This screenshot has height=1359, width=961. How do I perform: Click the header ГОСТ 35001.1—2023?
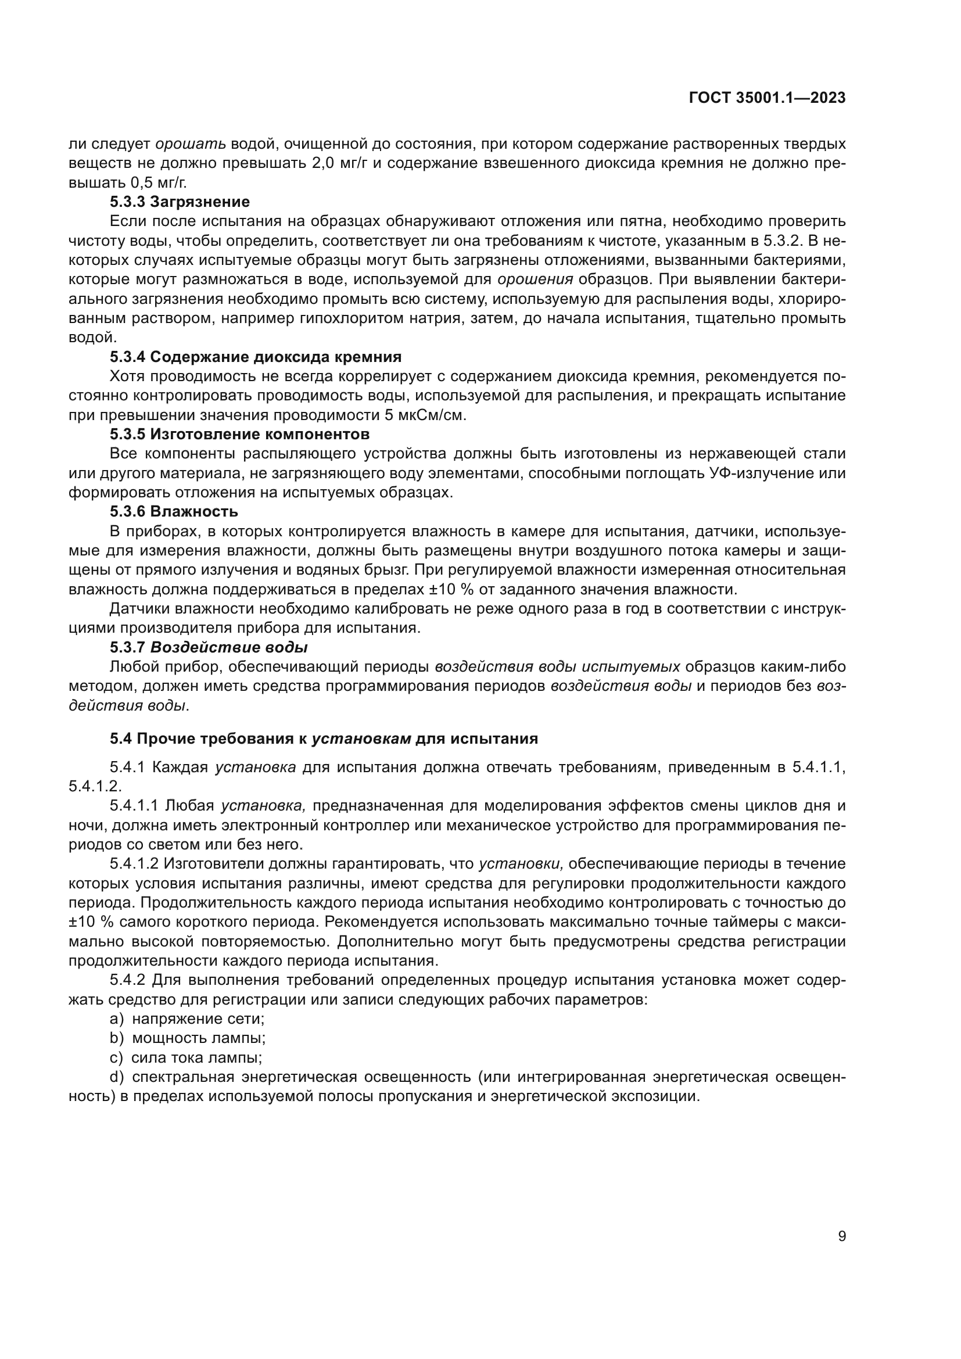point(767,98)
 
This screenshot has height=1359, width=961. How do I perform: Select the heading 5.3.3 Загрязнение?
point(180,202)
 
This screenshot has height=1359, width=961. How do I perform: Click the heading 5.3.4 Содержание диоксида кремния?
point(255,357)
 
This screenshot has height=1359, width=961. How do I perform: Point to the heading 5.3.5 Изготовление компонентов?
point(239,435)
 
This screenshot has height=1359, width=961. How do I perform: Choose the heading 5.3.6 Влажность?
point(173,511)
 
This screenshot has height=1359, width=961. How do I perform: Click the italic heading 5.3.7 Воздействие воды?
point(209,647)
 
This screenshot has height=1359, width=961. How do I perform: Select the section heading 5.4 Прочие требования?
point(323,738)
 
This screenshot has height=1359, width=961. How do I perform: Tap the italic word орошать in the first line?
point(191,144)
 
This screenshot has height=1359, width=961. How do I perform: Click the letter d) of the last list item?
point(116,1077)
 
